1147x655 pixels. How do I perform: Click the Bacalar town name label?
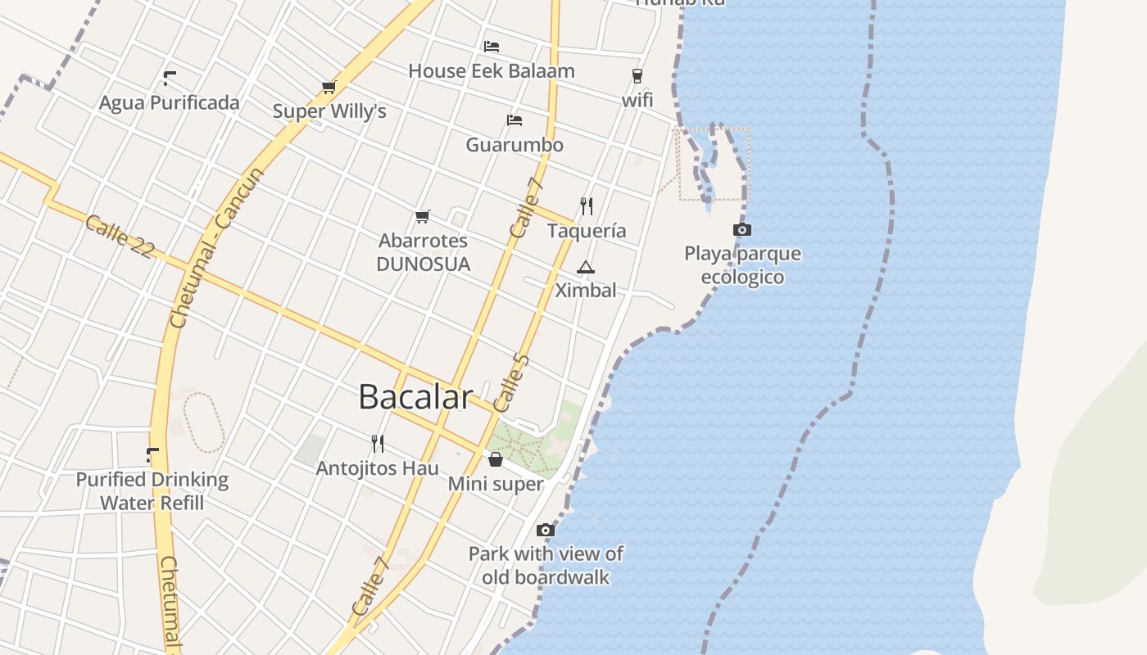click(x=415, y=397)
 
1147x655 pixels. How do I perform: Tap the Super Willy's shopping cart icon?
click(x=329, y=87)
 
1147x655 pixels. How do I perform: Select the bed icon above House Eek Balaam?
click(x=492, y=46)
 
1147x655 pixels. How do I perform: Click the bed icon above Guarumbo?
click(x=514, y=120)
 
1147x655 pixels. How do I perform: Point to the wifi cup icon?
click(x=637, y=76)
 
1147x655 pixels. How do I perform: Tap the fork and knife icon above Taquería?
click(x=587, y=206)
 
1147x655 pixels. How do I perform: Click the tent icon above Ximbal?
click(x=585, y=267)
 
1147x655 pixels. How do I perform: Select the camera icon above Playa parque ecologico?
click(x=741, y=230)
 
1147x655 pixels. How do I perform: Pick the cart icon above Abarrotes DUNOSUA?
click(x=423, y=217)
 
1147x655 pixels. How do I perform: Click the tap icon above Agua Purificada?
click(x=170, y=79)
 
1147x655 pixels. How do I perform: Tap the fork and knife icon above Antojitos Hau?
click(x=378, y=444)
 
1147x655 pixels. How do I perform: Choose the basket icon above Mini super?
click(x=495, y=459)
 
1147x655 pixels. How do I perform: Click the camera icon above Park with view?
click(x=546, y=531)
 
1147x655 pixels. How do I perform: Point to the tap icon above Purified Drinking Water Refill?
click(x=152, y=454)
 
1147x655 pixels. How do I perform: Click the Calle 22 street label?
click(x=120, y=237)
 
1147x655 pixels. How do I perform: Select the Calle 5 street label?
click(x=512, y=382)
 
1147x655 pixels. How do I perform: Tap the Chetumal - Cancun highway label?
click(x=217, y=248)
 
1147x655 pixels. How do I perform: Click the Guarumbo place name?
click(x=515, y=145)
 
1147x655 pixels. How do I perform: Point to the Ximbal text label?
click(x=586, y=290)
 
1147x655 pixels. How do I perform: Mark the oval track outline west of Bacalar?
click(x=204, y=422)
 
